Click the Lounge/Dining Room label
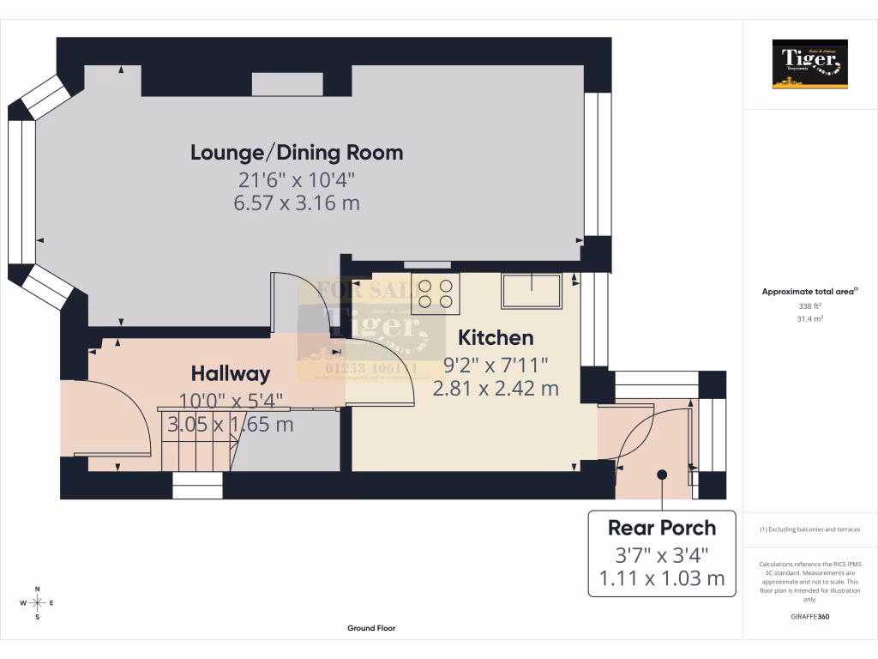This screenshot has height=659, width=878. pyautogui.click(x=296, y=154)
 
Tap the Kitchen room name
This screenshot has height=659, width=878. pyautogui.click(x=496, y=337)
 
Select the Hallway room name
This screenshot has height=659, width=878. pyautogui.click(x=230, y=374)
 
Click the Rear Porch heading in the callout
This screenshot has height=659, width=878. pyautogui.click(x=661, y=527)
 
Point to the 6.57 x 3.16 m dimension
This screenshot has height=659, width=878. pyautogui.click(x=296, y=203)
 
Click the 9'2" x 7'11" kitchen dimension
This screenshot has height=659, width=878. pyautogui.click(x=496, y=365)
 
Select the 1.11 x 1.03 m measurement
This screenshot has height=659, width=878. pyautogui.click(x=661, y=578)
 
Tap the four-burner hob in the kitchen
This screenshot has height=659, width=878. pyautogui.click(x=435, y=292)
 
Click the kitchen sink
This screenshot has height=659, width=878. pyautogui.click(x=532, y=290)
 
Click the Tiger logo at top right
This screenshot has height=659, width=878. pyautogui.click(x=809, y=64)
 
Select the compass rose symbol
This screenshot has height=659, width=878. pyautogui.click(x=37, y=603)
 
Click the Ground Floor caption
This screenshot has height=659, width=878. pyautogui.click(x=371, y=628)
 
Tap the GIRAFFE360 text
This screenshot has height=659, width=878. pyautogui.click(x=810, y=616)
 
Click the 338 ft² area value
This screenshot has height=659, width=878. pyautogui.click(x=810, y=305)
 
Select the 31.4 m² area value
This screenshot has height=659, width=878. pyautogui.click(x=810, y=318)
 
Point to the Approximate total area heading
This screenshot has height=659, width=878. pyautogui.click(x=809, y=292)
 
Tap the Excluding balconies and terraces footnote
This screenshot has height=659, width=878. pyautogui.click(x=810, y=529)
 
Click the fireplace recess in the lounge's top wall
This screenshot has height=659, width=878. pyautogui.click(x=287, y=84)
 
